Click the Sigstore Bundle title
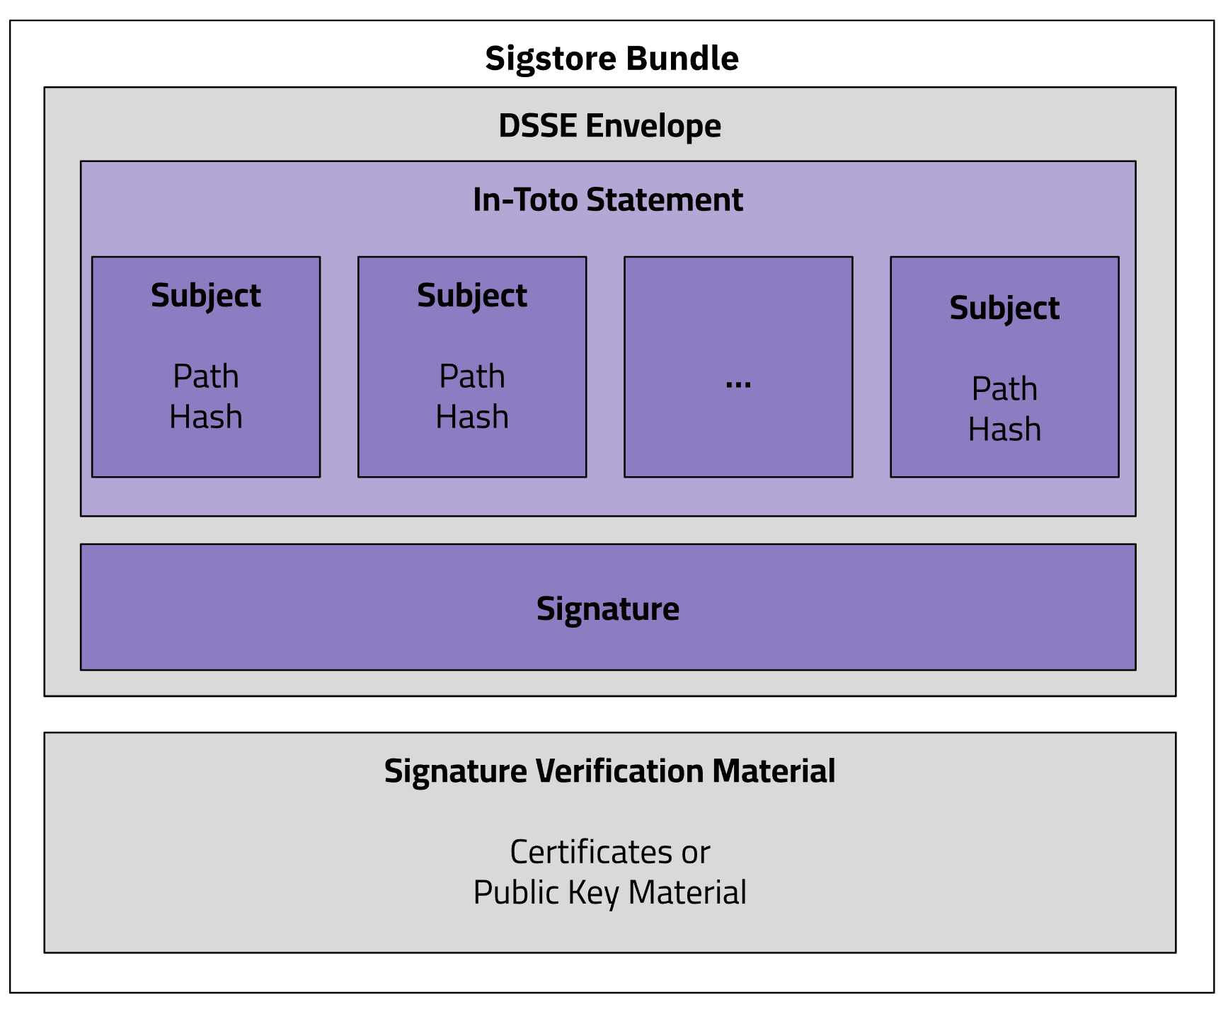(x=612, y=59)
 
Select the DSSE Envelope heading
(x=609, y=126)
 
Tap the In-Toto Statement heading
(x=607, y=200)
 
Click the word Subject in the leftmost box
(x=205, y=296)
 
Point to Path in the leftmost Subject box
(x=205, y=376)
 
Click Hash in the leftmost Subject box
(x=205, y=417)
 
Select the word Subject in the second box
(x=471, y=296)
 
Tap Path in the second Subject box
(x=471, y=376)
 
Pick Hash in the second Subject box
(x=471, y=417)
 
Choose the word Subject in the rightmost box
(x=1004, y=309)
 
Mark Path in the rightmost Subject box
(x=1004, y=389)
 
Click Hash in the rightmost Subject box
(x=1004, y=430)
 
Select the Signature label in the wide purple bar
(x=607, y=609)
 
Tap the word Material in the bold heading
(x=774, y=771)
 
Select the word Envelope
(x=653, y=126)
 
